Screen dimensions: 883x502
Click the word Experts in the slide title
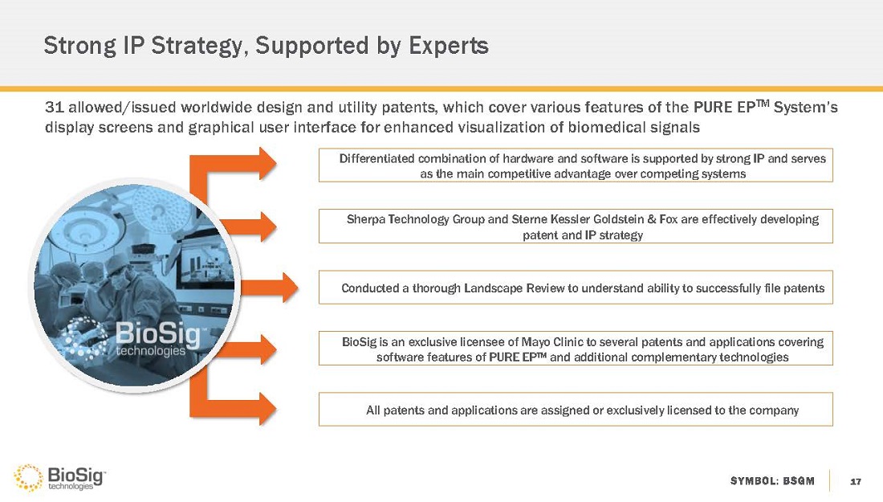coord(448,46)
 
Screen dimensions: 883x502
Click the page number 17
coord(856,481)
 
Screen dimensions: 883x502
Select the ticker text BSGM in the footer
coord(799,481)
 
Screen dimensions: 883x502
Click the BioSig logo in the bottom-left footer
coord(59,478)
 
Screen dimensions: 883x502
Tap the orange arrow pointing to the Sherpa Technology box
coord(248,227)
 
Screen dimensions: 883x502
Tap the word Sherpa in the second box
coord(365,219)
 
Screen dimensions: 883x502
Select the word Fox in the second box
coord(668,219)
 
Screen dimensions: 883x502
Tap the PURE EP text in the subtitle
coord(731,107)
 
